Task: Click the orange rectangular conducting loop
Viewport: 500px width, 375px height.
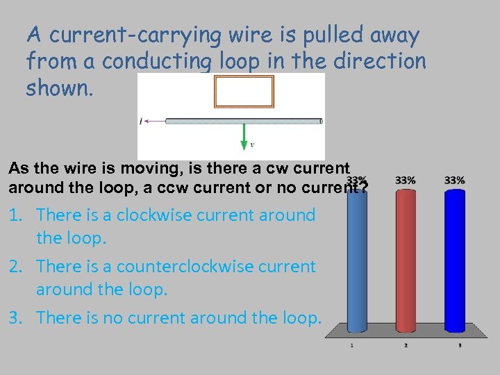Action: point(244,92)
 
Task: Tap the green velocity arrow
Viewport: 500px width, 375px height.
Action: point(244,136)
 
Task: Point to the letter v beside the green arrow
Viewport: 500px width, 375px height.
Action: point(251,145)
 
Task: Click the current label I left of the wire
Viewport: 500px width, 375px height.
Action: point(141,122)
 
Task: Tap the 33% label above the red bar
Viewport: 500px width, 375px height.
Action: point(406,181)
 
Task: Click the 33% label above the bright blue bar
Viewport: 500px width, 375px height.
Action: point(454,181)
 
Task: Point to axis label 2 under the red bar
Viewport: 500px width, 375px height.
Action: point(406,345)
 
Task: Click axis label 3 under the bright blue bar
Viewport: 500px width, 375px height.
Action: point(460,345)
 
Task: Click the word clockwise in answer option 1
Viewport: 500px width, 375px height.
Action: point(153,215)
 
